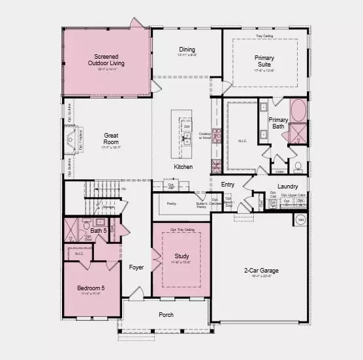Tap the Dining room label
[x=187, y=50]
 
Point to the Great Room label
[x=111, y=138]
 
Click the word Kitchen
[x=183, y=167]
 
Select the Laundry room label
[x=287, y=187]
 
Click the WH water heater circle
[x=301, y=220]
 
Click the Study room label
[x=181, y=256]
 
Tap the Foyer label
[x=136, y=267]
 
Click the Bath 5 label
[x=99, y=231]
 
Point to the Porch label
[x=166, y=314]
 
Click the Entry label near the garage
[x=227, y=185]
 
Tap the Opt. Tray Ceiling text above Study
[x=183, y=230]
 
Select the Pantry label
[x=172, y=204]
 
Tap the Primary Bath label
[x=279, y=123]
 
